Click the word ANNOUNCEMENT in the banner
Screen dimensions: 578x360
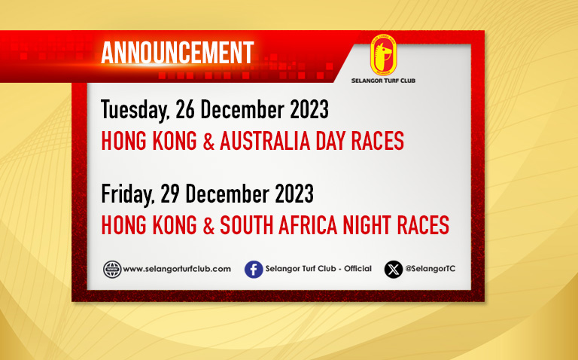[178, 53]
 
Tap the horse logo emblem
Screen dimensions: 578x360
[383, 55]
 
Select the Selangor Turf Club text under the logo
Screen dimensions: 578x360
[383, 81]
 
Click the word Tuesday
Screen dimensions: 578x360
[135, 110]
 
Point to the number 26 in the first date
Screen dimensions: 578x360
[185, 109]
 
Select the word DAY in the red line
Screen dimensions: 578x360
[330, 141]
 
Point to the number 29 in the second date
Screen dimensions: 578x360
[170, 194]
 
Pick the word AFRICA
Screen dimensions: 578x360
[308, 225]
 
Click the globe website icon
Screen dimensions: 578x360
[112, 270]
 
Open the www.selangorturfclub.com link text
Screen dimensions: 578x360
[177, 269]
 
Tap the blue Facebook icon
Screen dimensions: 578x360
[254, 270]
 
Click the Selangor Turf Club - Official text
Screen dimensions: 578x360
[318, 269]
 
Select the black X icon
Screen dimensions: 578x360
[394, 270]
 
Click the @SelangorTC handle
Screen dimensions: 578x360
[430, 269]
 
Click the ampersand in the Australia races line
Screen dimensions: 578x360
[208, 141]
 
